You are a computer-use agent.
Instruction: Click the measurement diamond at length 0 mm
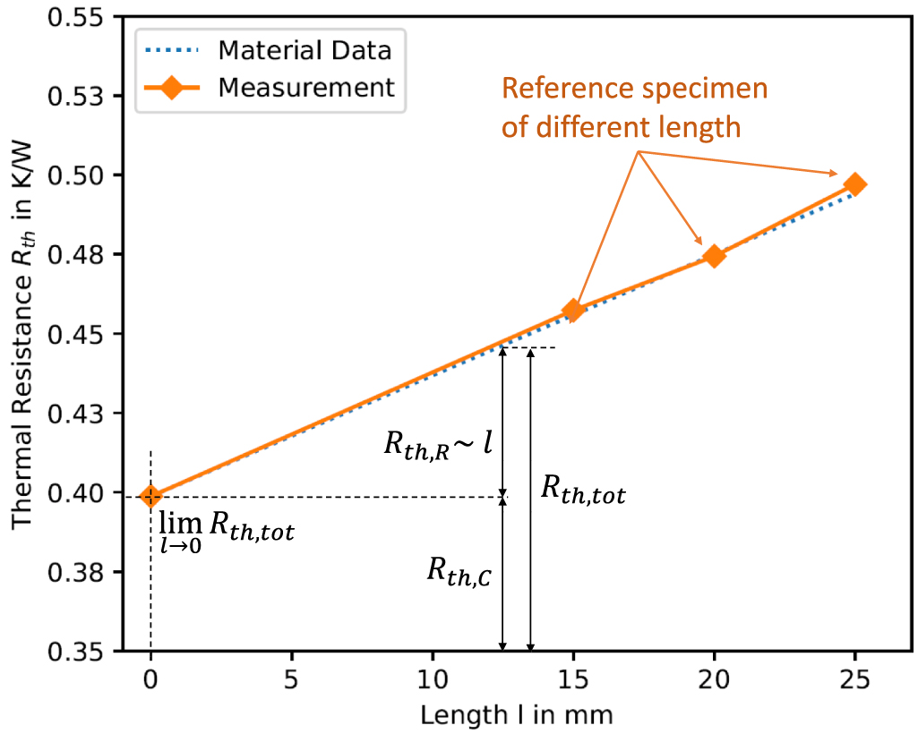coord(150,495)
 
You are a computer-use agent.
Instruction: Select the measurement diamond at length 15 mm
coord(573,311)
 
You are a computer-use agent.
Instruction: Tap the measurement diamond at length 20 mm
coord(714,256)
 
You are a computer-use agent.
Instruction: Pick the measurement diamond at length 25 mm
coord(855,185)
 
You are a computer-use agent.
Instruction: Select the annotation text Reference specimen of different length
coord(635,108)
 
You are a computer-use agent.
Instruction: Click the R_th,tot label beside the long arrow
coord(583,491)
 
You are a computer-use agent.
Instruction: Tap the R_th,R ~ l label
coord(438,444)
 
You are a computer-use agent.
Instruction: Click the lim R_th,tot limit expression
coord(226,532)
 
